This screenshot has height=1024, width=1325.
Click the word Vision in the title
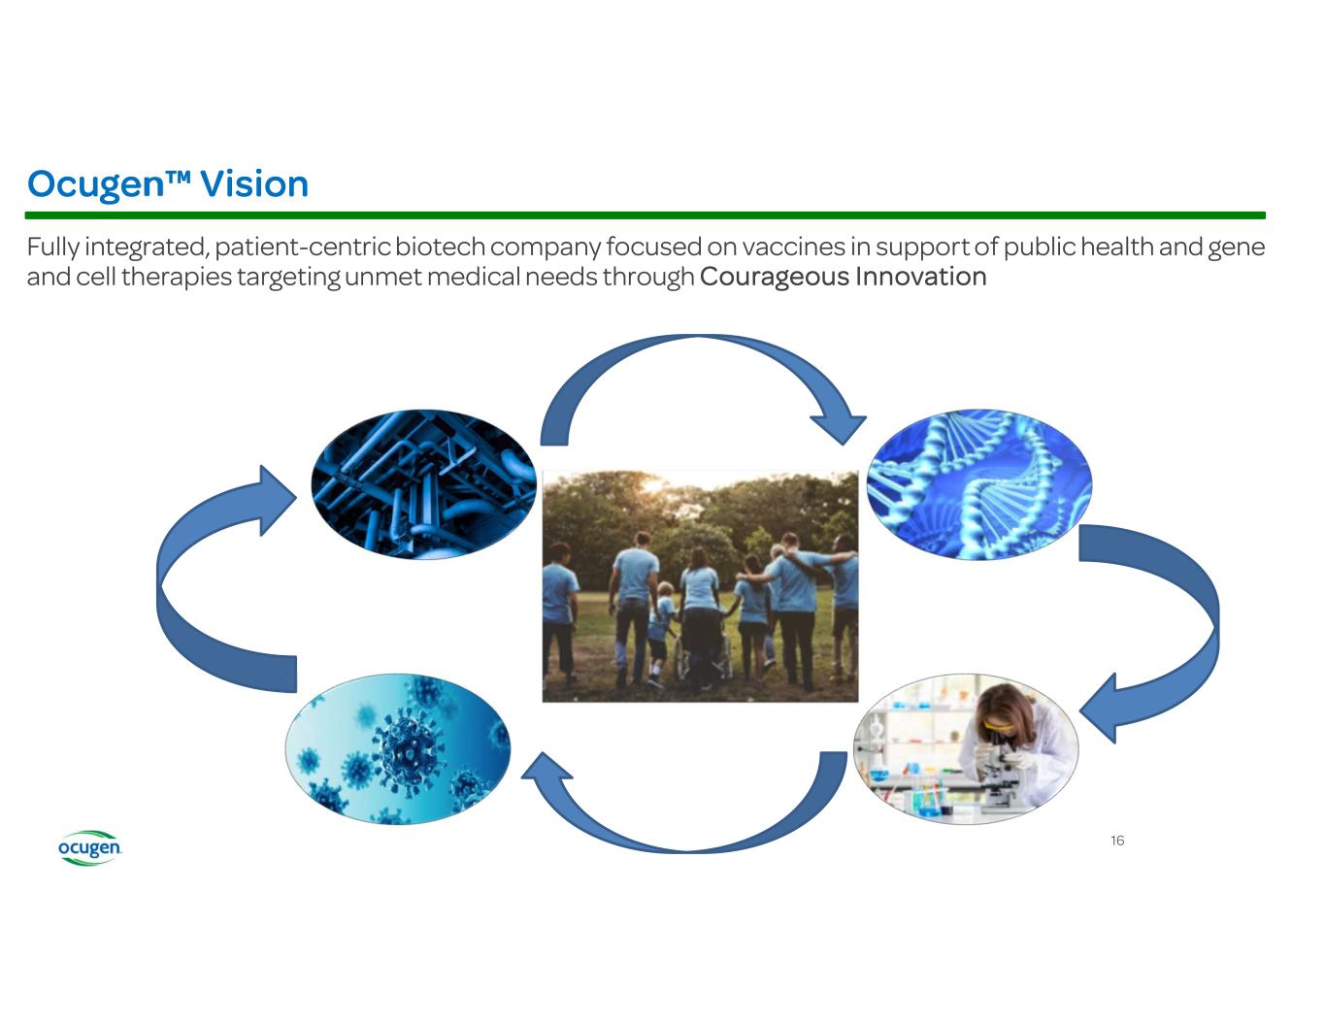[x=254, y=184]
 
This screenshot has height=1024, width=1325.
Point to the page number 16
[x=1117, y=841]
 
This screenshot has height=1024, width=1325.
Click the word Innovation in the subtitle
[x=921, y=277]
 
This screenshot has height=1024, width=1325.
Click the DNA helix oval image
[x=979, y=484]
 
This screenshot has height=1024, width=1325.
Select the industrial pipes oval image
[x=424, y=484]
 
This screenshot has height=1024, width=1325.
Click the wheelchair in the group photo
[x=703, y=660]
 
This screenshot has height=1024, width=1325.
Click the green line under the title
[x=646, y=215]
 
